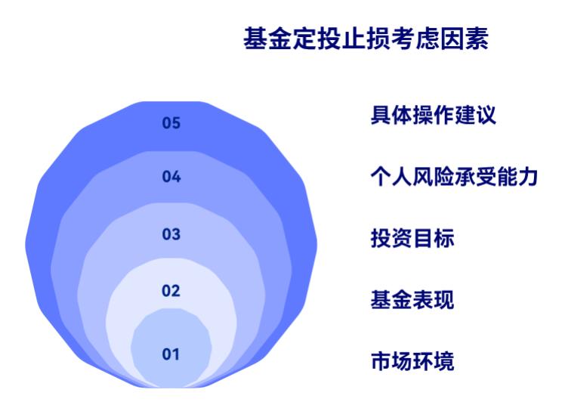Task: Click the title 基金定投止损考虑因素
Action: [366, 39]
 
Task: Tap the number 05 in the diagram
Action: [171, 124]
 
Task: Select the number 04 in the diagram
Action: [171, 177]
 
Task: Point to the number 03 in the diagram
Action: [171, 233]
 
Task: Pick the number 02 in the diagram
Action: [171, 290]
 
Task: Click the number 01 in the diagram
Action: [171, 354]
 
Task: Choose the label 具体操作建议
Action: [433, 116]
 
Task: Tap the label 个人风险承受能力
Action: [453, 177]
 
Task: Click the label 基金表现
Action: [412, 299]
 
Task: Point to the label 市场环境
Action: [412, 360]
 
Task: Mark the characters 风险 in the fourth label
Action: [433, 177]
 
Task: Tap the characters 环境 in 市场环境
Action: [433, 360]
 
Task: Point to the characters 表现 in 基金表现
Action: [433, 299]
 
